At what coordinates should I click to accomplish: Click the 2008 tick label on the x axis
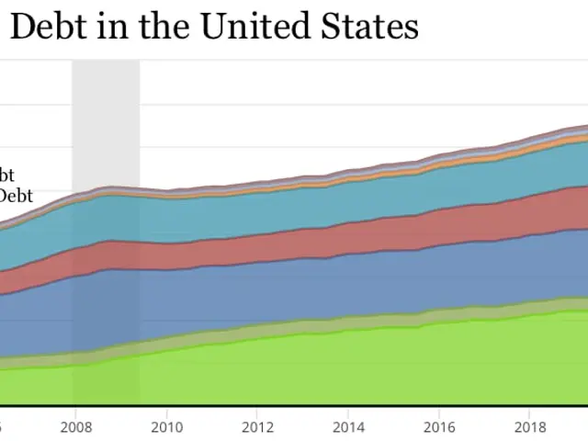(73, 427)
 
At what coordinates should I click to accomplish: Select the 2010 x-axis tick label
(165, 427)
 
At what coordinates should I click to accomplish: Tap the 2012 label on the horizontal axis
(256, 427)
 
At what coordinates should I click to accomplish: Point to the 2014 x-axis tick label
(347, 427)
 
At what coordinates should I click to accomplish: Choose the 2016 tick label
(439, 427)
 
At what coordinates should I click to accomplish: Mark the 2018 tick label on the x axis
(530, 427)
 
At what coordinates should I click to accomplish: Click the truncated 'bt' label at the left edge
(6, 175)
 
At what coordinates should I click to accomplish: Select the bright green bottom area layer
(322, 367)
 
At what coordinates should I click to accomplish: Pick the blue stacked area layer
(322, 285)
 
